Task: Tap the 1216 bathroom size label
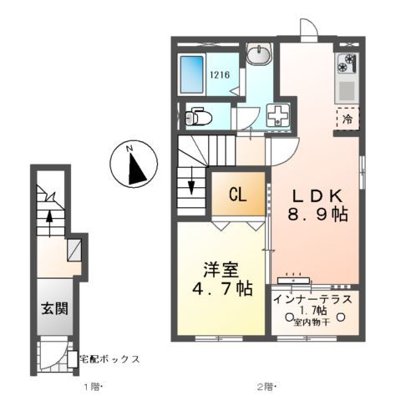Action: [221, 74]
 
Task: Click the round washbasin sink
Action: [259, 55]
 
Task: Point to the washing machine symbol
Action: [276, 116]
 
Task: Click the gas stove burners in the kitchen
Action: [347, 63]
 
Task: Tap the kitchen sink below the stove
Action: [347, 87]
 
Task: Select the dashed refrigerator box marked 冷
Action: [347, 118]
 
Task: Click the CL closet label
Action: [237, 196]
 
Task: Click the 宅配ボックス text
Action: [109, 359]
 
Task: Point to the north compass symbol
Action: [135, 164]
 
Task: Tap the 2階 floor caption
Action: [266, 386]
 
